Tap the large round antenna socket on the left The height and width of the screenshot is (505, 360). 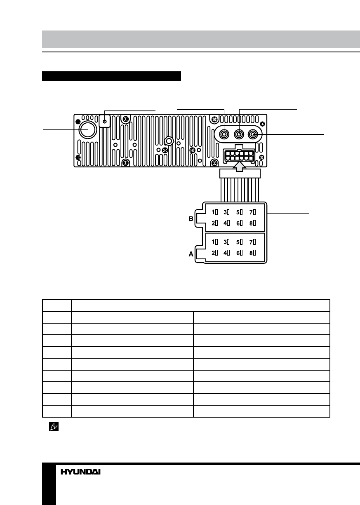click(87, 129)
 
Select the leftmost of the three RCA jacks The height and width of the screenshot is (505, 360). click(224, 134)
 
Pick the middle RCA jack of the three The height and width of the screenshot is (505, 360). click(239, 134)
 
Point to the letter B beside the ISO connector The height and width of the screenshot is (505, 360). click(191, 219)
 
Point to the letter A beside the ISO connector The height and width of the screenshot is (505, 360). click(191, 255)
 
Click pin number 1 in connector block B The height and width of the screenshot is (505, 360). click(214, 212)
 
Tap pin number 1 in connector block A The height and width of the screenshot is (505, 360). click(214, 242)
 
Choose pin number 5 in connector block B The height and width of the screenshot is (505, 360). click(239, 212)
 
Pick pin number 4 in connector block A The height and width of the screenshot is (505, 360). click(227, 253)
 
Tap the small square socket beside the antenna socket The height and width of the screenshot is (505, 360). click(105, 121)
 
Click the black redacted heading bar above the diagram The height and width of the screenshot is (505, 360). click(111, 76)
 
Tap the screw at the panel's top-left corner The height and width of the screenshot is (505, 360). click(78, 122)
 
